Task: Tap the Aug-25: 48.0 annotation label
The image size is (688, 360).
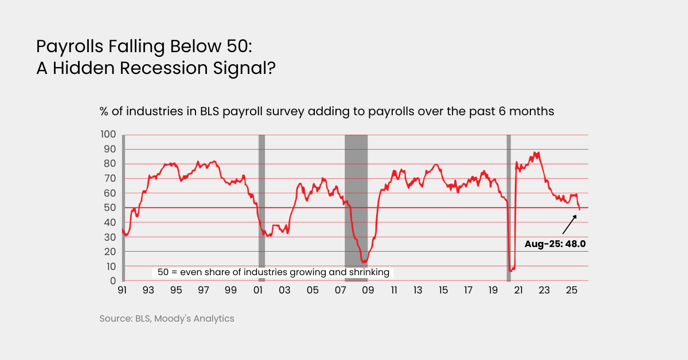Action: (x=555, y=244)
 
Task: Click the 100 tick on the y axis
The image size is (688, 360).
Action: (x=109, y=135)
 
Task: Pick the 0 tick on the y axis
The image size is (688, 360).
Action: (x=114, y=281)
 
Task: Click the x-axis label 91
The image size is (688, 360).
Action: (x=122, y=291)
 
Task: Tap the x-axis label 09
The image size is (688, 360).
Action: (x=368, y=291)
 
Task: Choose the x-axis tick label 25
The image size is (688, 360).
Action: (x=571, y=291)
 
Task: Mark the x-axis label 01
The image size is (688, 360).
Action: (x=258, y=291)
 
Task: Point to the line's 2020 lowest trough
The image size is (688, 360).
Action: (x=511, y=270)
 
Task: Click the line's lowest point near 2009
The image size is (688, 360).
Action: (x=363, y=262)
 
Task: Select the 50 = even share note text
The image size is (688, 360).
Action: (x=271, y=272)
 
